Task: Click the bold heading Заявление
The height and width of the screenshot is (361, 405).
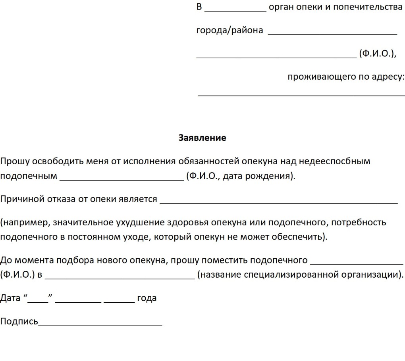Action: tap(202, 138)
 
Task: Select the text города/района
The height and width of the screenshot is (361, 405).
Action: tap(229, 31)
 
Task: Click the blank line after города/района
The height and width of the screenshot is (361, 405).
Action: tap(333, 34)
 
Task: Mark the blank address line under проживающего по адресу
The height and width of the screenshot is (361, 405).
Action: tap(301, 95)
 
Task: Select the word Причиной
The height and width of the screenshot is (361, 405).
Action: tap(19, 199)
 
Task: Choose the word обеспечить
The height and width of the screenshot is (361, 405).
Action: tap(298, 237)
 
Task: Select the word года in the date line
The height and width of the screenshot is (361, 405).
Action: tap(147, 298)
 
